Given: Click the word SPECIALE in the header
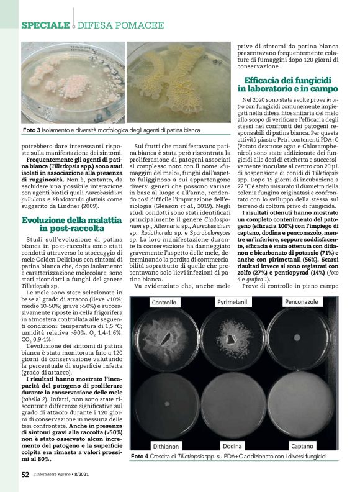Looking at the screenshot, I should [x=45, y=25].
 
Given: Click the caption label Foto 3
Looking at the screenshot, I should [x=32, y=131].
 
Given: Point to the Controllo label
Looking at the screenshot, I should [x=164, y=303].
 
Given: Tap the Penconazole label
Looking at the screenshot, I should [x=301, y=302].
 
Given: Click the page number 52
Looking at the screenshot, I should [x=25, y=475].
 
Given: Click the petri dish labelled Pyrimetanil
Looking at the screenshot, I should [x=233, y=340].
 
